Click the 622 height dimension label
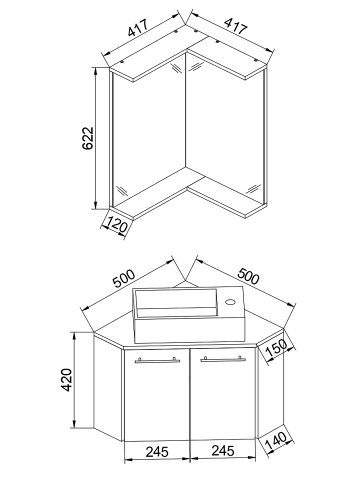point(87,138)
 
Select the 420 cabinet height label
point(67,380)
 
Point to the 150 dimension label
point(276,348)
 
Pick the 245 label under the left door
point(157,452)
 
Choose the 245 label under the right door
point(223,451)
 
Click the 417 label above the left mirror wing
point(137,29)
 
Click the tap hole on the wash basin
point(230,302)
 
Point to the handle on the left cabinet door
point(157,360)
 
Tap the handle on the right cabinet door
point(223,359)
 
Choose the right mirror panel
point(224,128)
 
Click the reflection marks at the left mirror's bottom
point(122,190)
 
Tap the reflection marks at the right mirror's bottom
point(254,189)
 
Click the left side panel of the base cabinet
point(108,388)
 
